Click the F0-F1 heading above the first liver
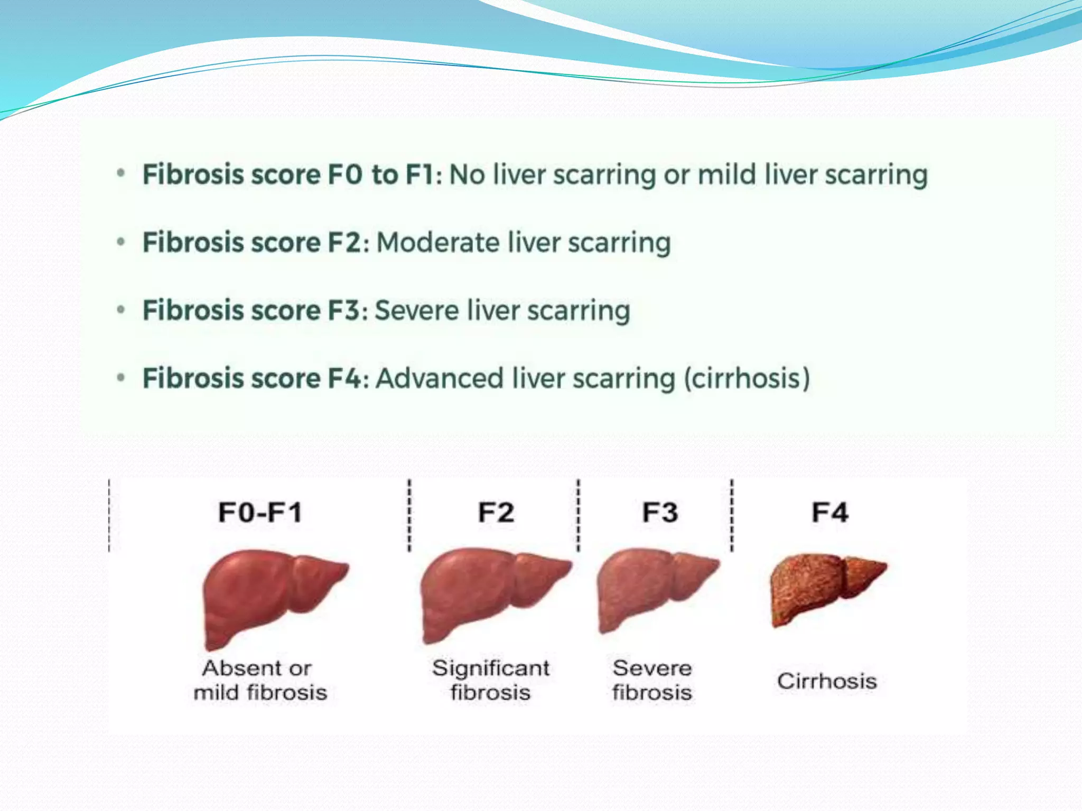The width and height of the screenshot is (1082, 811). coord(260,513)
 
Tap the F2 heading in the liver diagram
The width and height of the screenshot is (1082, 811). coord(496,513)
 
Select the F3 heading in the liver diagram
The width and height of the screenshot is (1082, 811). coord(660,513)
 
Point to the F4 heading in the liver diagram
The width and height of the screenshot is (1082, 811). coord(830,513)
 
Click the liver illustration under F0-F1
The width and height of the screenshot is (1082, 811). coord(269,597)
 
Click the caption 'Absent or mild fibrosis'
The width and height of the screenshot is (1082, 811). coord(260,680)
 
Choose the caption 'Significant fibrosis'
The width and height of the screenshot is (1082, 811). coord(491,680)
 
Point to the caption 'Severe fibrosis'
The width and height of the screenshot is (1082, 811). coord(652,680)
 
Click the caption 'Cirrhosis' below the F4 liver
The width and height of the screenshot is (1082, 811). coord(827,681)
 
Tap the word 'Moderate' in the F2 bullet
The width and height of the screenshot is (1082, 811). coord(439,243)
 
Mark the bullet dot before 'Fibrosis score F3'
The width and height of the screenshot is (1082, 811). coord(121,309)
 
